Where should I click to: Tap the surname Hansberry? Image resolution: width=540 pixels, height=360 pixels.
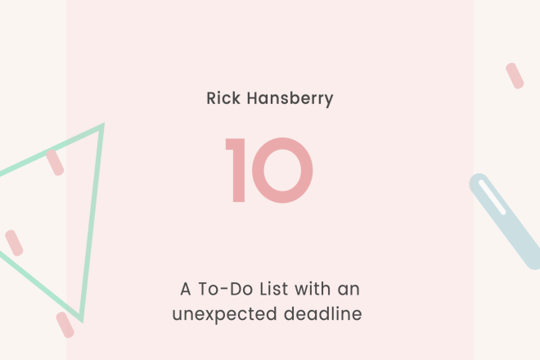pos(290,99)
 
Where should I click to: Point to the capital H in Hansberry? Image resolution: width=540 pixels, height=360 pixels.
pos(253,98)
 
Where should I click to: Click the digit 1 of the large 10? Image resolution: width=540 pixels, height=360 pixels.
pos(235,170)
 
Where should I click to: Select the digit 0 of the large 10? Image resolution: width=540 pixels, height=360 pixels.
pos(282,170)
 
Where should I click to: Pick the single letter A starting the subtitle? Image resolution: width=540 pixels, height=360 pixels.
pos(186,289)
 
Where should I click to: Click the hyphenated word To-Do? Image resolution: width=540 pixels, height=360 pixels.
pos(226,289)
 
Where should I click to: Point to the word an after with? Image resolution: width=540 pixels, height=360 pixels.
pos(349,290)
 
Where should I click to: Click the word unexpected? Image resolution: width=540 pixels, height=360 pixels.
pos(224,314)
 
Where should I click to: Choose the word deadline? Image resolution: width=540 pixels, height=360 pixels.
pos(322,313)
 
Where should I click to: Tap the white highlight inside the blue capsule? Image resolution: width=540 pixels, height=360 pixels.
pos(492,197)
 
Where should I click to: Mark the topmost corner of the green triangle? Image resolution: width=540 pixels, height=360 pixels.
pos(103,124)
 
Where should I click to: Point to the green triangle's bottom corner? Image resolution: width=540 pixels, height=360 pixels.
pos(82,321)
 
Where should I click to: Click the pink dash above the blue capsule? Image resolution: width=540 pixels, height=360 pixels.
pos(515,76)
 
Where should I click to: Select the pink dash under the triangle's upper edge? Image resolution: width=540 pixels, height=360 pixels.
pos(55,162)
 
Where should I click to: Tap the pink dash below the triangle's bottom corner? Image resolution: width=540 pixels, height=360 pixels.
pos(65,325)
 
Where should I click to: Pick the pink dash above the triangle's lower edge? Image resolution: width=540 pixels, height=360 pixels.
pos(14,243)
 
